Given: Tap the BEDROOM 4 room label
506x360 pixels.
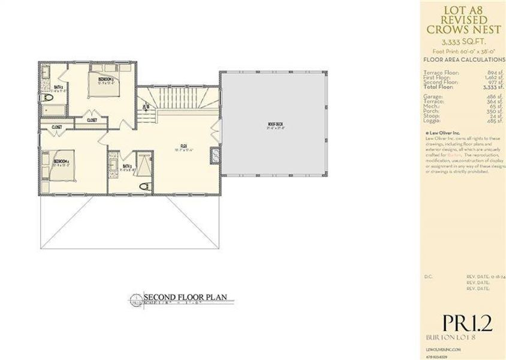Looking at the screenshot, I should coord(61,161).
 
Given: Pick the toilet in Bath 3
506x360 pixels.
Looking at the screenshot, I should coord(143,187).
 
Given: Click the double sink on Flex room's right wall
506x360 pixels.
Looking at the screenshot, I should coord(215,156).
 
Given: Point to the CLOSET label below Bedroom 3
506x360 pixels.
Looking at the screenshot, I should coord(92,120).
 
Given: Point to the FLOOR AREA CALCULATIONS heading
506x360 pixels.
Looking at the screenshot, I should coord(464,60).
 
